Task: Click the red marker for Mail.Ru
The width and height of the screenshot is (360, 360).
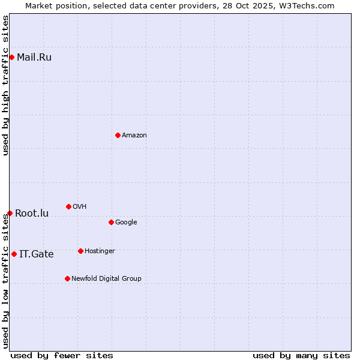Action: point(11,57)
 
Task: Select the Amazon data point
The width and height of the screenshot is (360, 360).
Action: point(118,135)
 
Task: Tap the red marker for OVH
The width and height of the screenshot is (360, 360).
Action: point(68,206)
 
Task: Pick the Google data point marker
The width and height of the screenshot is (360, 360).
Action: point(111,222)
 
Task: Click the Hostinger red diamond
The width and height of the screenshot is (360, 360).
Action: point(80,251)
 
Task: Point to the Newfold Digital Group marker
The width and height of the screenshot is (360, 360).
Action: point(67,278)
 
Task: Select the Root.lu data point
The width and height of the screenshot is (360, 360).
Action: point(10,213)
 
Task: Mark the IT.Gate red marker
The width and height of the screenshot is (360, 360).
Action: point(14,254)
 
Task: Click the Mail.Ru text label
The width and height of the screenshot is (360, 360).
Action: point(34,58)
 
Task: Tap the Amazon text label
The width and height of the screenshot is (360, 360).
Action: point(134,136)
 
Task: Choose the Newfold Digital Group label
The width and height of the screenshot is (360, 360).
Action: point(106,278)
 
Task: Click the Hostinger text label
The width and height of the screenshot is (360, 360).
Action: point(100,251)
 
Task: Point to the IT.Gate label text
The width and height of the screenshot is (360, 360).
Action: point(37,254)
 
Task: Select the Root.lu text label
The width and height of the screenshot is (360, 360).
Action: point(32,214)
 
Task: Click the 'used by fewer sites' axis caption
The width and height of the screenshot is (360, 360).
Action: point(62,355)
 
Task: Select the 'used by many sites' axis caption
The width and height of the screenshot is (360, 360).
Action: point(301,355)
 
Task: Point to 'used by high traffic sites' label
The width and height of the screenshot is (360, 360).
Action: point(6,85)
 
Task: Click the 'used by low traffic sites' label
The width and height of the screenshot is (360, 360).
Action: point(6,281)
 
